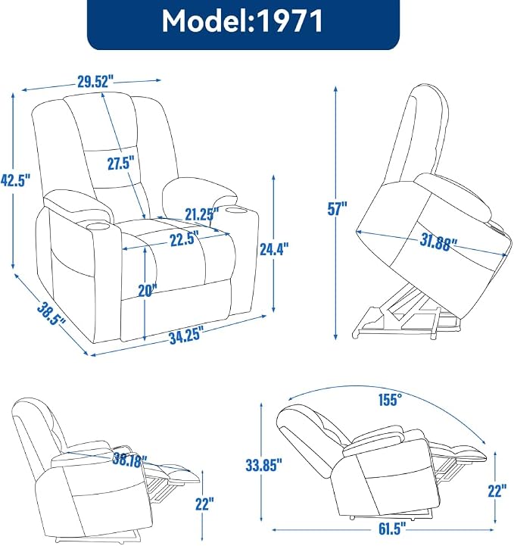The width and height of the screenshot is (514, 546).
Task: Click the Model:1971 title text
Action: pyautogui.click(x=242, y=22)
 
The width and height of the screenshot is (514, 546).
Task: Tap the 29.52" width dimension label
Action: pyautogui.click(x=95, y=83)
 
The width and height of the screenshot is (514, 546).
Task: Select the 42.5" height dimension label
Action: pyautogui.click(x=16, y=180)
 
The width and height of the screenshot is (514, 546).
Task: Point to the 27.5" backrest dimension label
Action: pyautogui.click(x=120, y=163)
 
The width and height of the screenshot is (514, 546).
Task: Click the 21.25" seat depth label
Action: pyautogui.click(x=202, y=214)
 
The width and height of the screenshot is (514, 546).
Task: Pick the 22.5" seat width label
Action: pyautogui.click(x=185, y=239)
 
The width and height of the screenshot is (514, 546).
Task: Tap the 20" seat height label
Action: pyautogui.click(x=148, y=290)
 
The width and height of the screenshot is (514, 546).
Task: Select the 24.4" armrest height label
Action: pyautogui.click(x=274, y=248)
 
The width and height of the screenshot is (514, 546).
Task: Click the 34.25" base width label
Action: pyautogui.click(x=185, y=336)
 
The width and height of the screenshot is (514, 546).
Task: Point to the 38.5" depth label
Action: pyautogui.click(x=51, y=314)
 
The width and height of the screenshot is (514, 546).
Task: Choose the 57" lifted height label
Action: pyautogui.click(x=337, y=208)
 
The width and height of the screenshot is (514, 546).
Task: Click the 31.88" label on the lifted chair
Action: pyautogui.click(x=438, y=242)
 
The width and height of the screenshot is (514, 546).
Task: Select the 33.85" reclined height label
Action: pyautogui.click(x=263, y=465)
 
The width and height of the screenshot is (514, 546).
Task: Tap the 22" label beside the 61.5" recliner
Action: pyautogui.click(x=497, y=491)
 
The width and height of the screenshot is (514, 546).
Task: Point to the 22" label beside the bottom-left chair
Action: pyautogui.click(x=204, y=504)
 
